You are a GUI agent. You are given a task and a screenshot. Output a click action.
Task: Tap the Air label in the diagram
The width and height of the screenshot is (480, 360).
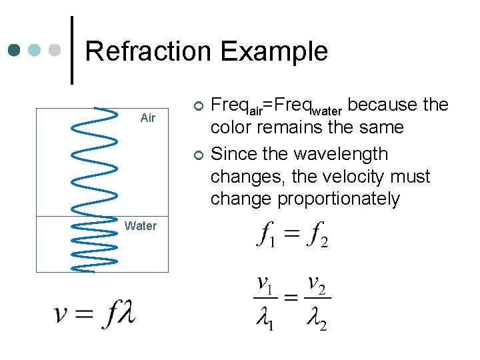click(148, 118)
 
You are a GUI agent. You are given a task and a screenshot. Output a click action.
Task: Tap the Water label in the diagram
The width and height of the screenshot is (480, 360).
click(140, 226)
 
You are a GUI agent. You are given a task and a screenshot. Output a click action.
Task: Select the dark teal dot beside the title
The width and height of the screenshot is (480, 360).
click(15, 51)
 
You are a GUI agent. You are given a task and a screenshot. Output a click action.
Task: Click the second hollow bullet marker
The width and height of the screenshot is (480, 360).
click(197, 155)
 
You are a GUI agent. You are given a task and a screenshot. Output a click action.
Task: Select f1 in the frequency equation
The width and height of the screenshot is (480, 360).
click(266, 235)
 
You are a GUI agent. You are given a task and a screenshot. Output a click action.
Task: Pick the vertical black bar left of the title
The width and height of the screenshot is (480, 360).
click(72, 50)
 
